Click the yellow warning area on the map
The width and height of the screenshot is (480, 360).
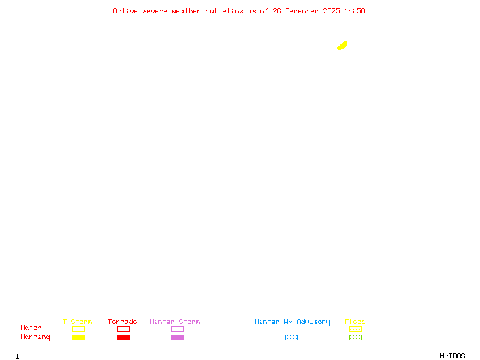pyautogui.click(x=343, y=46)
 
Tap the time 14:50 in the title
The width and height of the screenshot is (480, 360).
pyautogui.click(x=355, y=11)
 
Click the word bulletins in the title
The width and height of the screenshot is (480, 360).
pyautogui.click(x=224, y=11)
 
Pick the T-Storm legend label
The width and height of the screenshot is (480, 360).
pyautogui.click(x=77, y=322)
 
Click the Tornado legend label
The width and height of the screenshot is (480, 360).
pyautogui.click(x=122, y=322)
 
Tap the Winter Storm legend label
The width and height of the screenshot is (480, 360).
pyautogui.click(x=175, y=322)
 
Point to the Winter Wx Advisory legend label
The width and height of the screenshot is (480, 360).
pyautogui.click(x=292, y=322)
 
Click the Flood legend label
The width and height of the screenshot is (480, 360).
pyautogui.click(x=355, y=322)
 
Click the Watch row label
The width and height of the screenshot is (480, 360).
pyautogui.click(x=31, y=328)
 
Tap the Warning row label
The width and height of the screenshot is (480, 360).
pyautogui.click(x=35, y=337)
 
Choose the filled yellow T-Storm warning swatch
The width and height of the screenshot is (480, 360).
pyautogui.click(x=78, y=338)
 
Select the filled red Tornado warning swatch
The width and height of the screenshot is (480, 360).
pyautogui.click(x=123, y=338)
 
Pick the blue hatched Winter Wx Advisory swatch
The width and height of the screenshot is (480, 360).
pyautogui.click(x=291, y=338)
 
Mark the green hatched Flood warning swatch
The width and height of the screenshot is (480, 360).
pyautogui.click(x=355, y=338)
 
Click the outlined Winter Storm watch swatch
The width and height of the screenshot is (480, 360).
pyautogui.click(x=177, y=329)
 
